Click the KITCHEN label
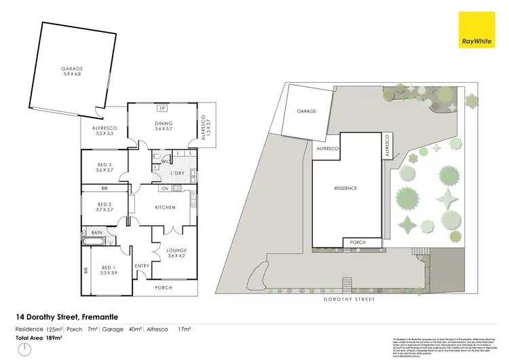click(x=166, y=207)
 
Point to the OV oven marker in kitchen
click(x=165, y=188)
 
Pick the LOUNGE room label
click(x=176, y=253)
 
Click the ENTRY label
click(x=142, y=266)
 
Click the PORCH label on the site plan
click(x=356, y=242)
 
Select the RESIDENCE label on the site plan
click(x=345, y=188)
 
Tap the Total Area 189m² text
click(x=39, y=337)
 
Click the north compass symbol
click(x=25, y=350)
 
